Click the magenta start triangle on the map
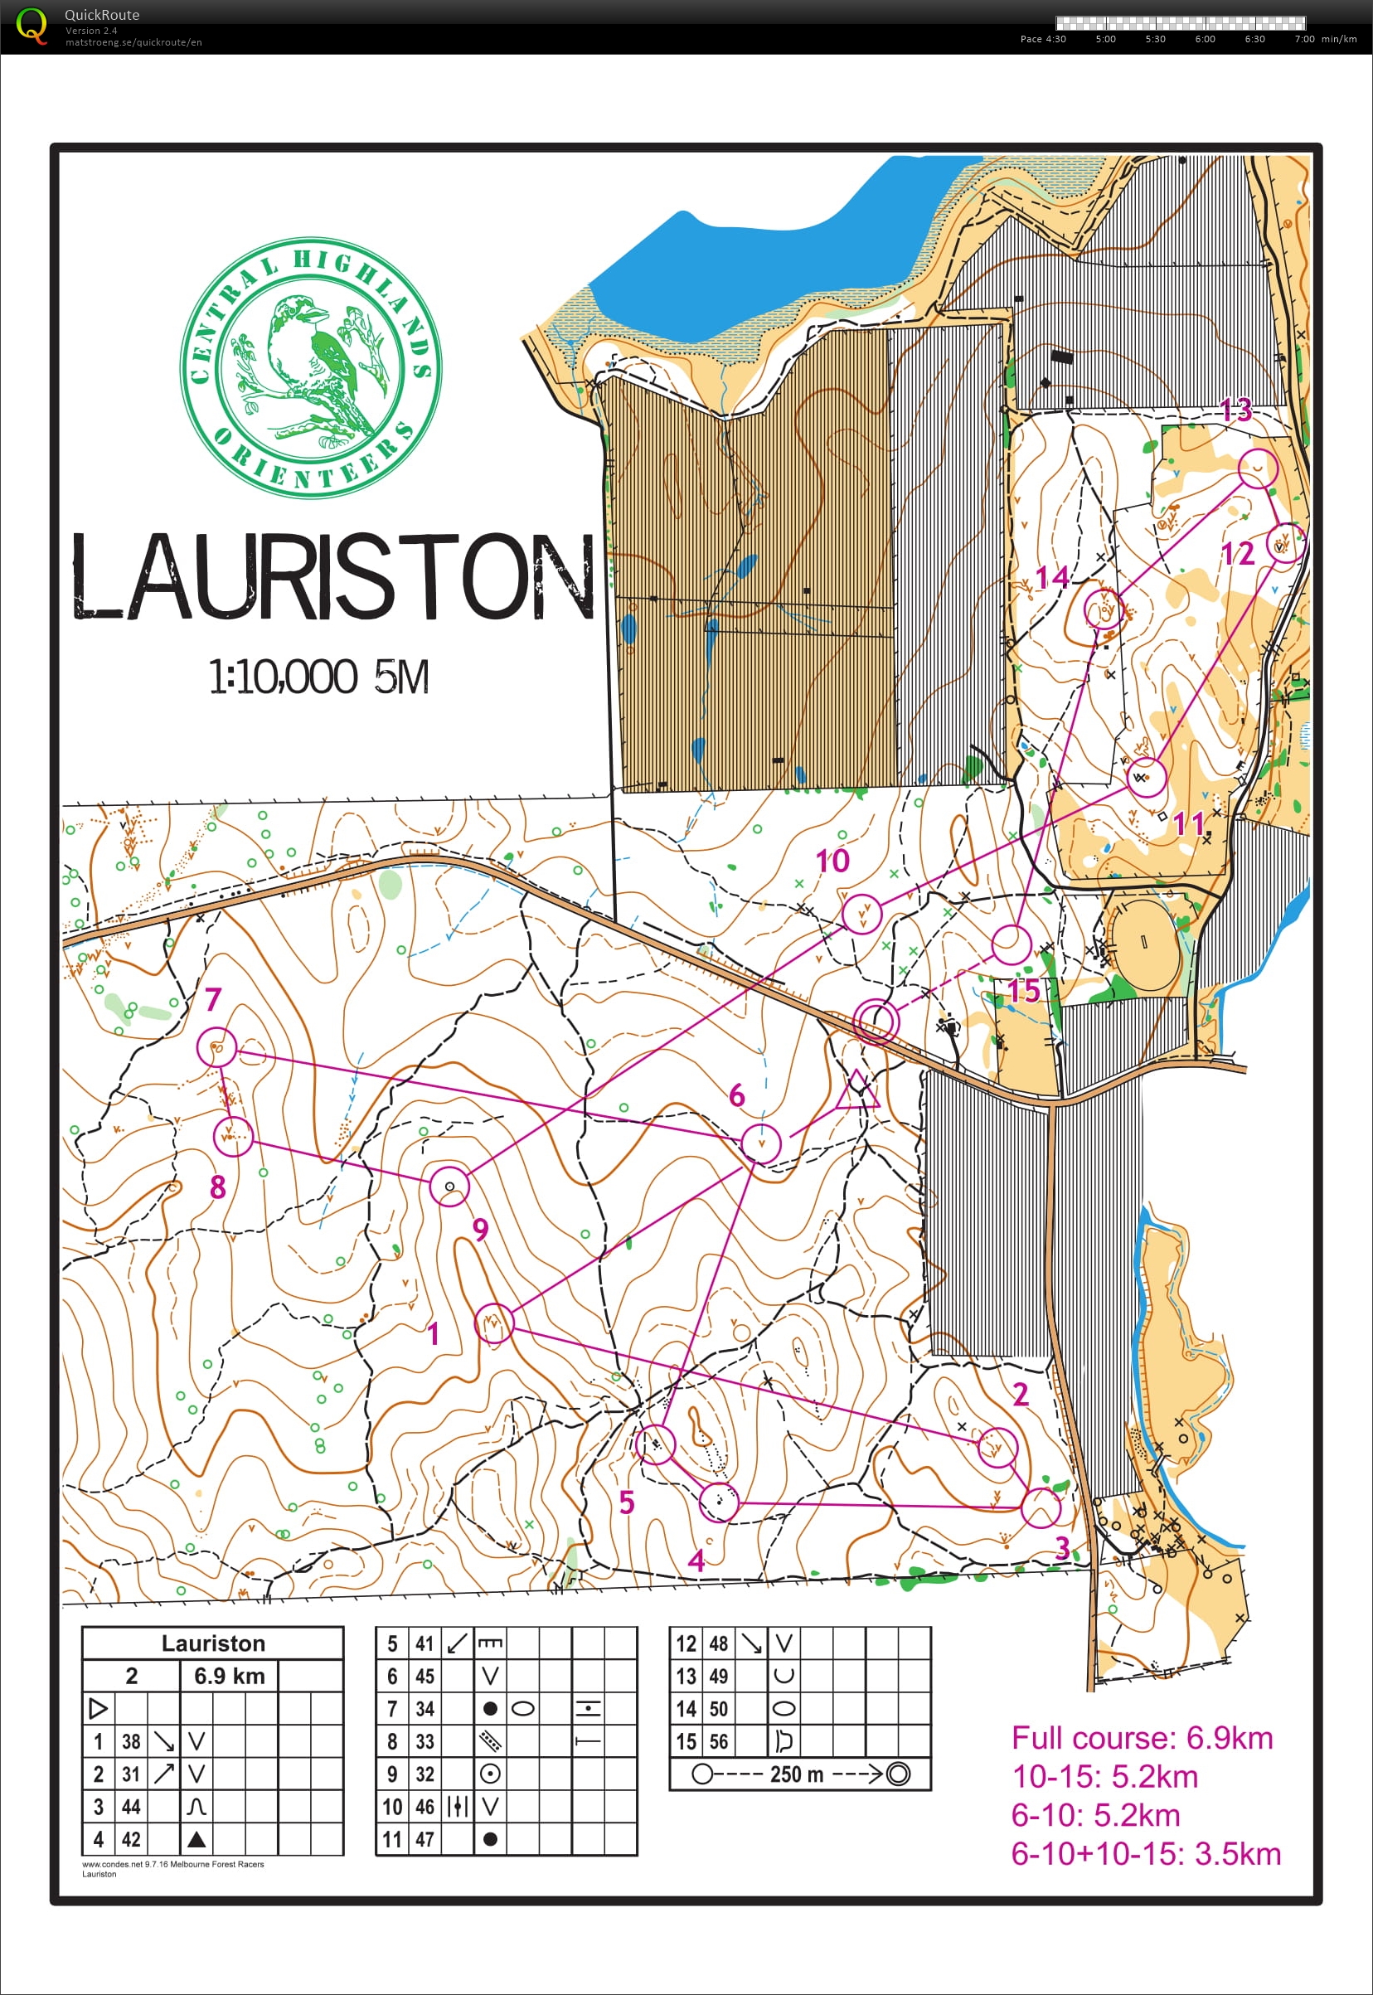tap(857, 1091)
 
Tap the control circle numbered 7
tap(216, 1047)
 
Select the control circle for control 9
tap(449, 1187)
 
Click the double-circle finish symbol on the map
tap(876, 1022)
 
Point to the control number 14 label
tap(1051, 577)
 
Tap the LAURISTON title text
tap(331, 576)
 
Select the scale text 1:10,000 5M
tap(318, 677)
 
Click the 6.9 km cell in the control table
tap(229, 1675)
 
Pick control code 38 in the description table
tap(131, 1741)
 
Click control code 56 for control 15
tap(718, 1741)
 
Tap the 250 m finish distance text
tap(797, 1774)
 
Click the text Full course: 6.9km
tap(1142, 1737)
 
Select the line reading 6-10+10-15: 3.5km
tap(1146, 1853)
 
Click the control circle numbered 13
tap(1258, 468)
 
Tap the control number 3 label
tap(1062, 1549)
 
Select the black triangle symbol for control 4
tap(196, 1839)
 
